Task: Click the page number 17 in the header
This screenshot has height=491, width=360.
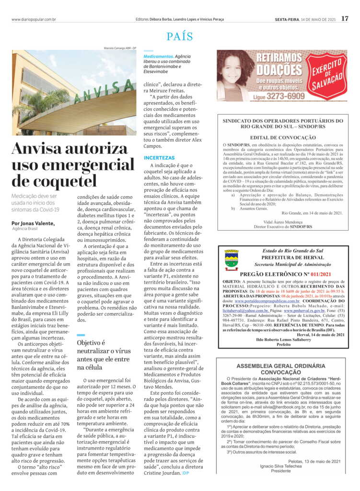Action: click(x=345, y=19)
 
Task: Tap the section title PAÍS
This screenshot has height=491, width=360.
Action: click(x=180, y=36)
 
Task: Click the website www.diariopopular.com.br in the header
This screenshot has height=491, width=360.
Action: click(x=34, y=19)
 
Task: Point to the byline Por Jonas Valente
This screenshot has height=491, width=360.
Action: click(x=33, y=223)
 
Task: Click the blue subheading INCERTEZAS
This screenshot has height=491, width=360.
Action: click(x=160, y=158)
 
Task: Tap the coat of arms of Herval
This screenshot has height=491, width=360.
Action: click(x=232, y=259)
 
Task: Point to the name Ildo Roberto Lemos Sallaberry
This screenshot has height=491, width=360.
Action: click(x=283, y=339)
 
